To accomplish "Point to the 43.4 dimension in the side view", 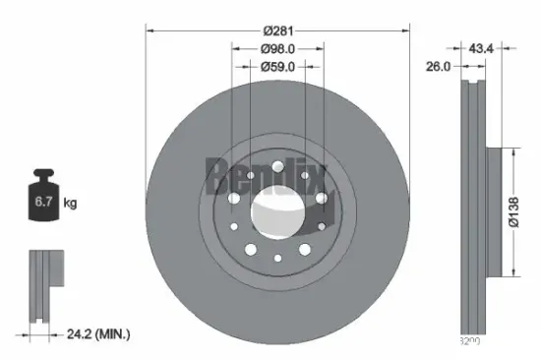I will click(x=481, y=48).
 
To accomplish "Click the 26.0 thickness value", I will click(x=437, y=66).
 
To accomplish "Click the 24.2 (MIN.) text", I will click(x=96, y=334).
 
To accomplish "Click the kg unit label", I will click(x=70, y=204).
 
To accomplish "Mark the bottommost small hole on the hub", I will click(x=276, y=257).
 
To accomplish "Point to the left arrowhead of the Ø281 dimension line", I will click(x=150, y=30).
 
